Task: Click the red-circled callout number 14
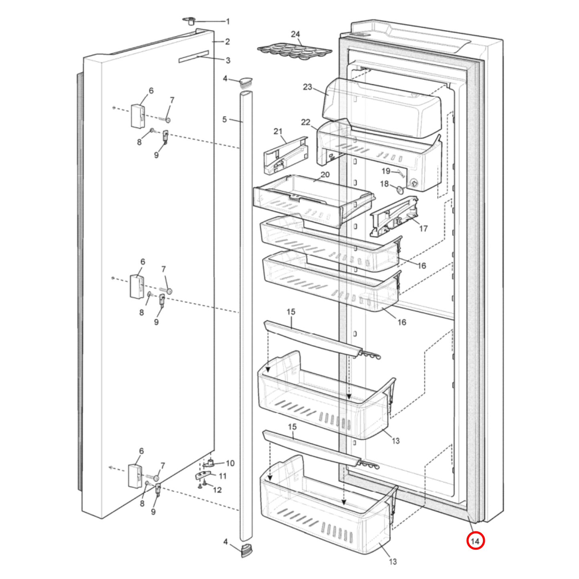tap(475, 541)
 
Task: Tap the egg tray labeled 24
tap(295, 51)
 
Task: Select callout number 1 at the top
tap(228, 21)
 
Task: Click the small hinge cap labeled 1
tap(190, 21)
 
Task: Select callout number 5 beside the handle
tap(224, 119)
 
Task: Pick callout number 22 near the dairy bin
tap(306, 122)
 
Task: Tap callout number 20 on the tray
tap(325, 174)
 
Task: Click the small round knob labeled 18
tap(400, 189)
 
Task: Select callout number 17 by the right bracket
tap(423, 228)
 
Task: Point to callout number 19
tap(385, 171)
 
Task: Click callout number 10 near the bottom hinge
tap(230, 463)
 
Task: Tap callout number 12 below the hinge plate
tap(217, 490)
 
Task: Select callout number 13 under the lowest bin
tap(393, 561)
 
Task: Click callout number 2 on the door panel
tap(227, 41)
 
